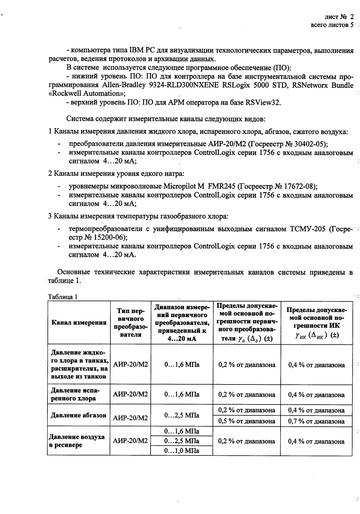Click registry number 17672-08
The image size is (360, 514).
point(299,186)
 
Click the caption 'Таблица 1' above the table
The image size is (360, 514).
point(63,297)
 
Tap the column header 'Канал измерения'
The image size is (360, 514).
point(79,323)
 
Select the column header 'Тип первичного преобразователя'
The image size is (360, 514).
point(131,323)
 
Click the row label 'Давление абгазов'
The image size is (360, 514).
point(78,415)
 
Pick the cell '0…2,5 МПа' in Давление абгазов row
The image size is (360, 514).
point(182,416)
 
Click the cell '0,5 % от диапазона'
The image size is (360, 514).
point(247,421)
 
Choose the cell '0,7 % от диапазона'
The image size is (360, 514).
point(316,421)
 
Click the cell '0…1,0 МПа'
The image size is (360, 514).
point(182,450)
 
